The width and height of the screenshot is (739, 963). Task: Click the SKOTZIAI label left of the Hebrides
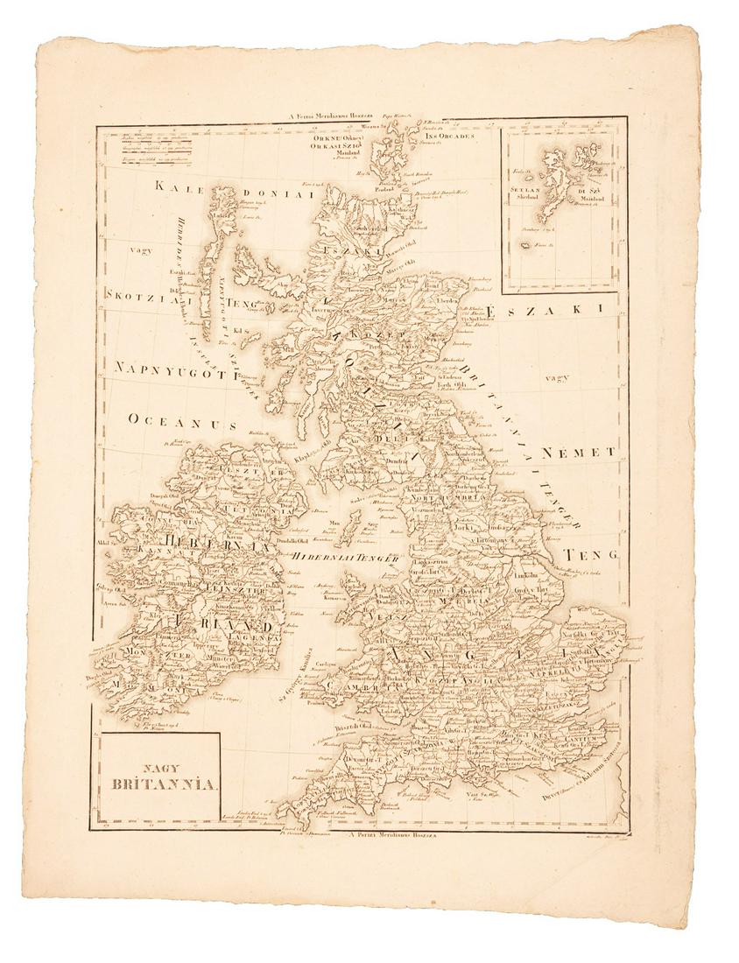(x=145, y=296)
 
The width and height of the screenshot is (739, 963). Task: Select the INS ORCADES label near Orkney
(x=449, y=137)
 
